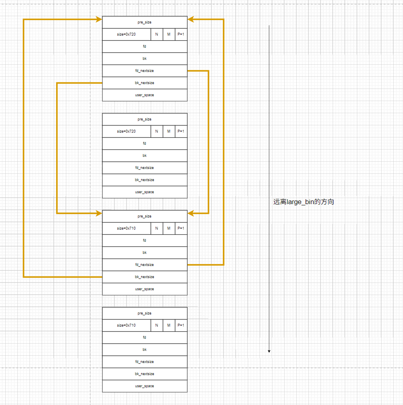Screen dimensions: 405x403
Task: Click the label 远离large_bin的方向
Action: point(304,202)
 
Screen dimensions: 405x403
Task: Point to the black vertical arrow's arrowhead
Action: point(269,350)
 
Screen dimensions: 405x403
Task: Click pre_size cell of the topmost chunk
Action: point(145,22)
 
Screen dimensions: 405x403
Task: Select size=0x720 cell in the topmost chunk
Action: point(127,34)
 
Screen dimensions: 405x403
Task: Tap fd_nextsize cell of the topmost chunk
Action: point(145,71)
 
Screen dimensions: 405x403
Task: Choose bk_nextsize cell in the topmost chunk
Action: point(145,83)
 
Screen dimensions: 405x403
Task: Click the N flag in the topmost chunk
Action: point(157,34)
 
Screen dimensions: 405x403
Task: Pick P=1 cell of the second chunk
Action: point(181,131)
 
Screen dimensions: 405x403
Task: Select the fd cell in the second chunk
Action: point(145,143)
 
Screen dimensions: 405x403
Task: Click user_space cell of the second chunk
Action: point(145,192)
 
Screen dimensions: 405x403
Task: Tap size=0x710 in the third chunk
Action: point(127,228)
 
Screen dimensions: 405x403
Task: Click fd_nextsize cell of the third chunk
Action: point(145,265)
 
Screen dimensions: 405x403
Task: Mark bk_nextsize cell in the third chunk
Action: point(145,277)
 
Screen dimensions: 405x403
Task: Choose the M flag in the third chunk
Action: point(169,228)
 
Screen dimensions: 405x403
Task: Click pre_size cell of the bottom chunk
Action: point(145,313)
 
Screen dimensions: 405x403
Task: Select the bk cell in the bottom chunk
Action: point(145,350)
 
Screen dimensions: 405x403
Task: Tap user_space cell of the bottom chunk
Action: point(145,386)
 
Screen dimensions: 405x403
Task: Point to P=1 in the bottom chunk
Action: point(181,325)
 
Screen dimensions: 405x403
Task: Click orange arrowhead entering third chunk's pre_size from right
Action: point(191,213)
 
